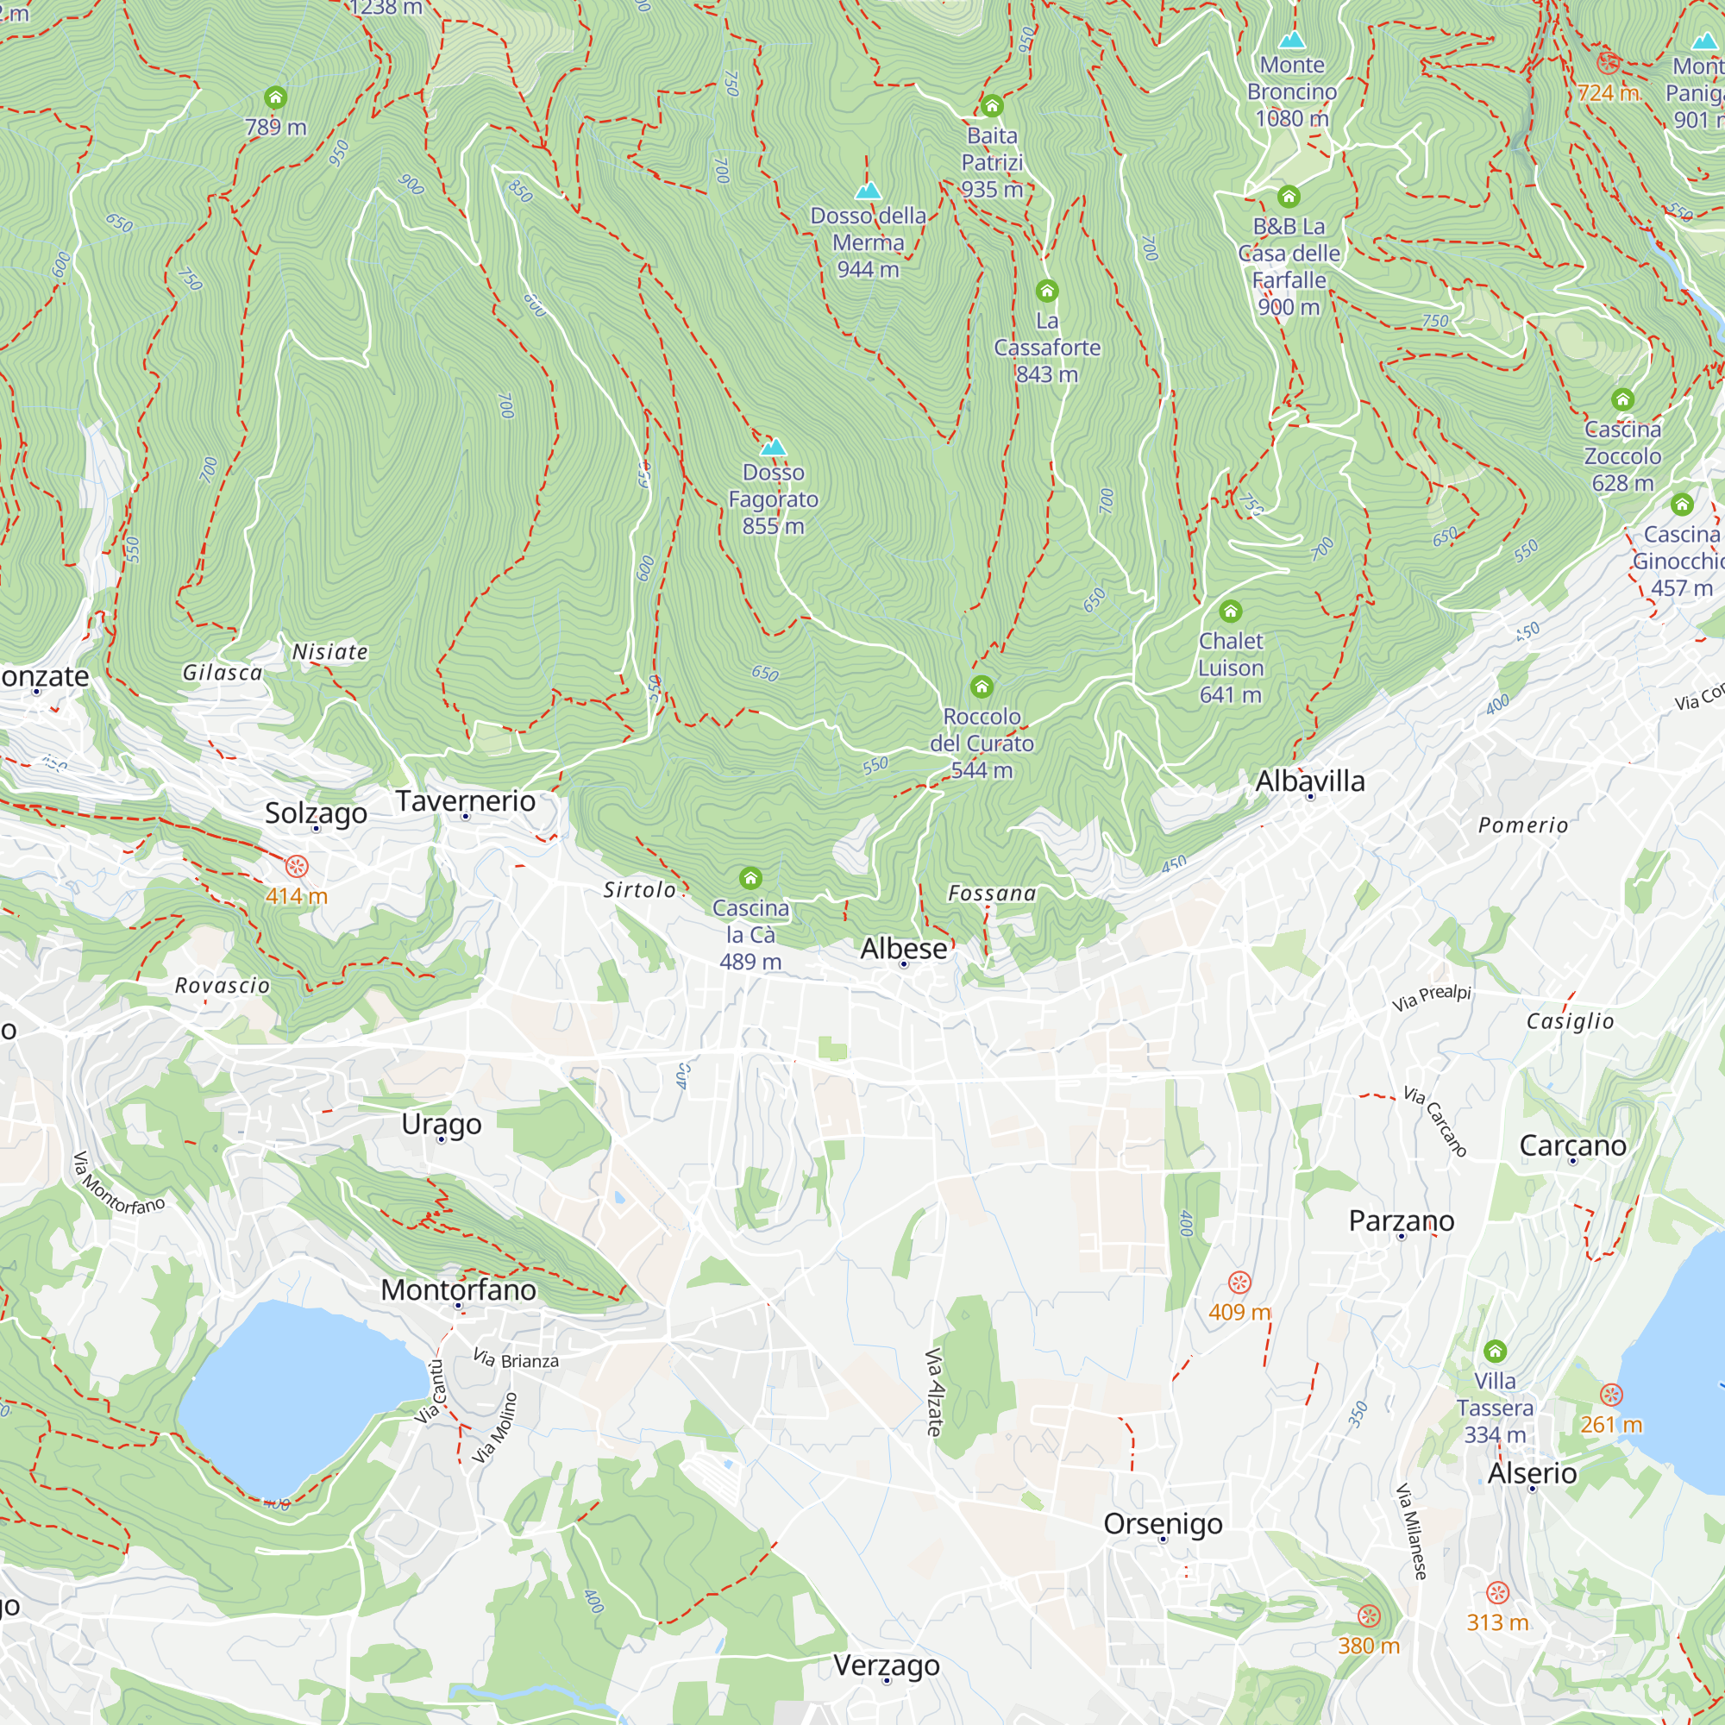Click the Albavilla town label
point(1310,781)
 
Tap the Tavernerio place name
point(465,801)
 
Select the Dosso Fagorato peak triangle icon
point(773,448)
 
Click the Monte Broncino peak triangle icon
point(1292,41)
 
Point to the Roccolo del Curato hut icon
point(982,687)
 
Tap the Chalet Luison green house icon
point(1231,612)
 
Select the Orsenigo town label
point(1163,1523)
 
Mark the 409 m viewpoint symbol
point(1239,1283)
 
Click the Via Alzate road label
point(934,1392)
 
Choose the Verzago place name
point(886,1665)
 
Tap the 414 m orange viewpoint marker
point(297,866)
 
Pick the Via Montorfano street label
point(119,1184)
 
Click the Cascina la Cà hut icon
point(750,879)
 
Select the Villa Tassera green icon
point(1495,1351)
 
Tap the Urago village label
point(441,1124)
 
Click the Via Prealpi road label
point(1431,997)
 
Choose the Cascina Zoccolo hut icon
point(1622,399)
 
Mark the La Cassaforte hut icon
point(1046,291)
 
